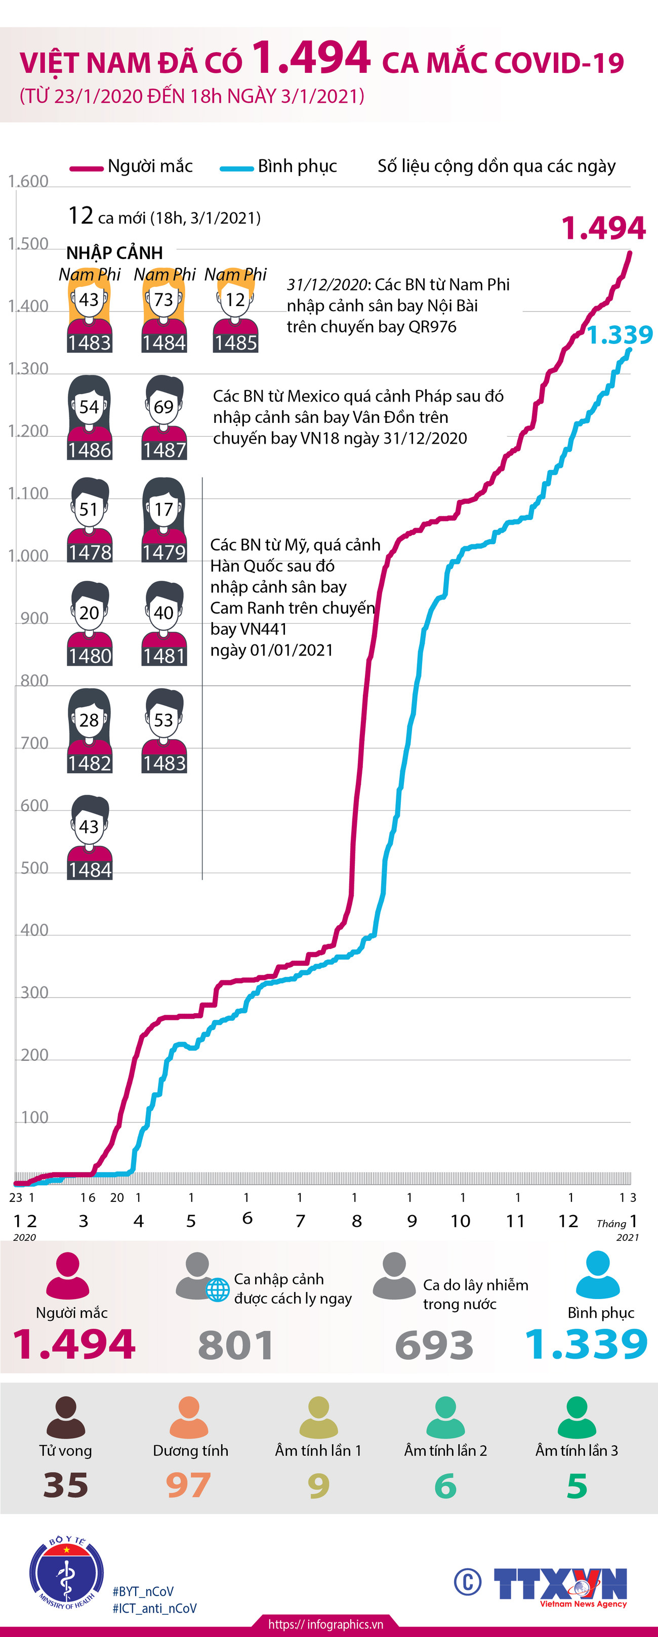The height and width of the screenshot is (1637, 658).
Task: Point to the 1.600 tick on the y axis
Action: (x=28, y=182)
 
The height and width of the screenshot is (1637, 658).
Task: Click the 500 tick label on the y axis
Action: (x=34, y=868)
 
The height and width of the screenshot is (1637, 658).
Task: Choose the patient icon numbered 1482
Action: (x=90, y=731)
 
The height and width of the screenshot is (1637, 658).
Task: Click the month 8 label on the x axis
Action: (x=357, y=1221)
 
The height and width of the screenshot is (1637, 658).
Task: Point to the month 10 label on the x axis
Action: (x=460, y=1221)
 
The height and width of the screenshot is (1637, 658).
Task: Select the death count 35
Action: (x=65, y=1486)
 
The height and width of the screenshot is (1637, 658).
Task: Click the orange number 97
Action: (x=188, y=1486)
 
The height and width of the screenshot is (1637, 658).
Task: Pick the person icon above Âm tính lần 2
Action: (x=445, y=1418)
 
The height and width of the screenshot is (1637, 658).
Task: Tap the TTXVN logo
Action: (x=559, y=1584)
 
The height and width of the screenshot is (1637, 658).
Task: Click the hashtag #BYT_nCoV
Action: (x=143, y=1591)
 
